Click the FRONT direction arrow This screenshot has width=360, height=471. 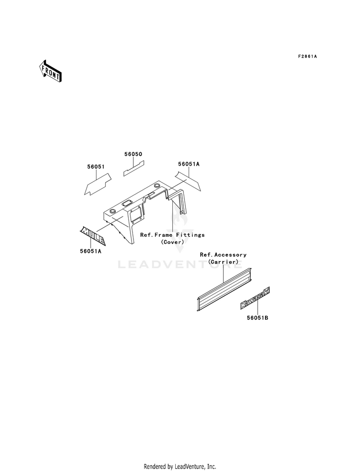[x=50, y=71]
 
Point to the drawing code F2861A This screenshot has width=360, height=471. [x=308, y=56]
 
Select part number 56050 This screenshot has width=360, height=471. [x=133, y=154]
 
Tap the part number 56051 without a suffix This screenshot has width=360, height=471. [x=96, y=167]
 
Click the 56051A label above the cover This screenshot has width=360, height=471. [x=189, y=164]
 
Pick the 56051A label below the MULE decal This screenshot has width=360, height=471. [x=90, y=251]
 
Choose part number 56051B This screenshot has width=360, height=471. [x=257, y=317]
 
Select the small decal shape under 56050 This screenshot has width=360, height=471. [x=133, y=168]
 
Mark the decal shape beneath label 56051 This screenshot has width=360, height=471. [x=97, y=184]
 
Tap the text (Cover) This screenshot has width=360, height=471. [x=173, y=242]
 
